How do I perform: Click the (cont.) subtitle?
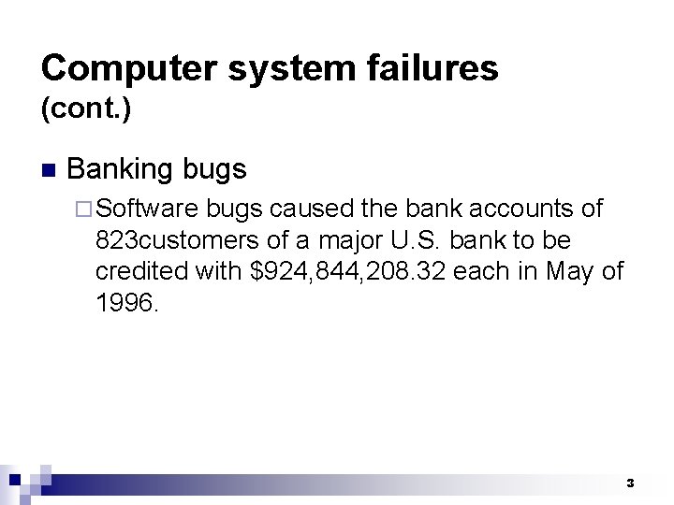[86, 110]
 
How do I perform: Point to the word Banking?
[120, 169]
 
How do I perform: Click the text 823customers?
[181, 240]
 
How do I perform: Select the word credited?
[140, 271]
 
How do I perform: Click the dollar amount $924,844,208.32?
[346, 271]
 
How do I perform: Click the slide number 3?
[630, 483]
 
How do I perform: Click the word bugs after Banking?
[214, 169]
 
